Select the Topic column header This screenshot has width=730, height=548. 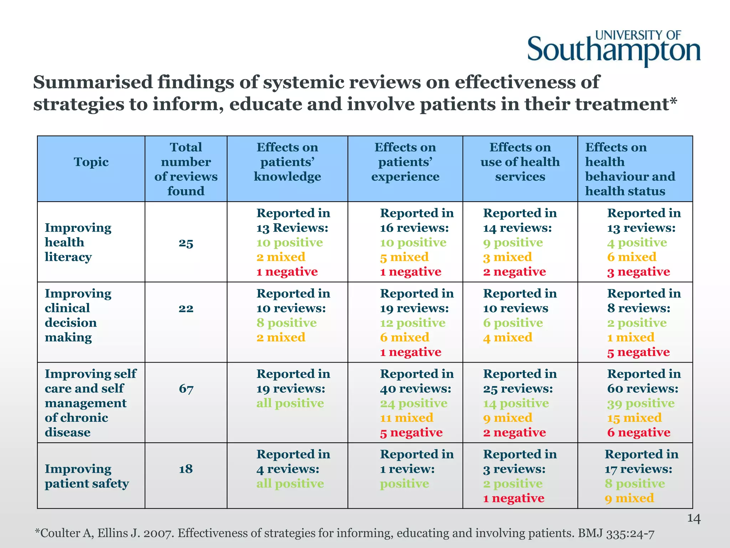[x=91, y=162]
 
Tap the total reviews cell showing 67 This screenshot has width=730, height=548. [x=186, y=389]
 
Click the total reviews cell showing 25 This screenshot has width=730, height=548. [x=186, y=243]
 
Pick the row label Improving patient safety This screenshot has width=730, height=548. [x=87, y=476]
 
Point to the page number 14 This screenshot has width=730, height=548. [x=694, y=518]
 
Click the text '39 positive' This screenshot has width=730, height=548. [x=641, y=404]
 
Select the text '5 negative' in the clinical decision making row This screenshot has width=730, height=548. [x=638, y=352]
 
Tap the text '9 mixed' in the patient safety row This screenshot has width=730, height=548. [x=629, y=498]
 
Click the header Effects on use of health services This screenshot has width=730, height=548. [x=520, y=162]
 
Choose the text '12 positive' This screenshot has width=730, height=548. [x=412, y=323]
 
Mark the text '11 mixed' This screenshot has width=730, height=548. [x=406, y=418]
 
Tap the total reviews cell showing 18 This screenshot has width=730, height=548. [x=186, y=469]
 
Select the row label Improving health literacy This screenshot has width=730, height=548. [x=78, y=242]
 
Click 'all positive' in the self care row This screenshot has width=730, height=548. [x=290, y=404]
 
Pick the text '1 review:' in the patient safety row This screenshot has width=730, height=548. [x=407, y=469]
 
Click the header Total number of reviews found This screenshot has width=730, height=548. [x=186, y=169]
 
